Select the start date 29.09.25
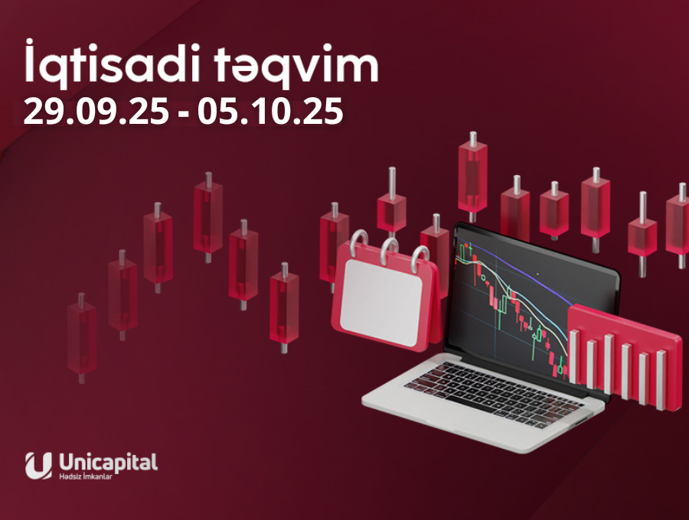pyautogui.click(x=96, y=112)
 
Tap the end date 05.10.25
pyautogui.click(x=269, y=112)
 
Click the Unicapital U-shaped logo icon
pyautogui.click(x=38, y=466)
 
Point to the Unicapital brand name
pyautogui.click(x=108, y=462)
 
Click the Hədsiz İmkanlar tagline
pyautogui.click(x=85, y=476)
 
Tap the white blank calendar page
pyautogui.click(x=380, y=302)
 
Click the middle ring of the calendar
pyautogui.click(x=390, y=251)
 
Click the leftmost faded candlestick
pyautogui.click(x=82, y=338)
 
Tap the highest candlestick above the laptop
pyautogui.click(x=473, y=177)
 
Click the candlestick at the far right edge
pyautogui.click(x=679, y=226)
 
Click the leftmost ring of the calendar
pyautogui.click(x=359, y=243)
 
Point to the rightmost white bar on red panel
pyautogui.click(x=661, y=380)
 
